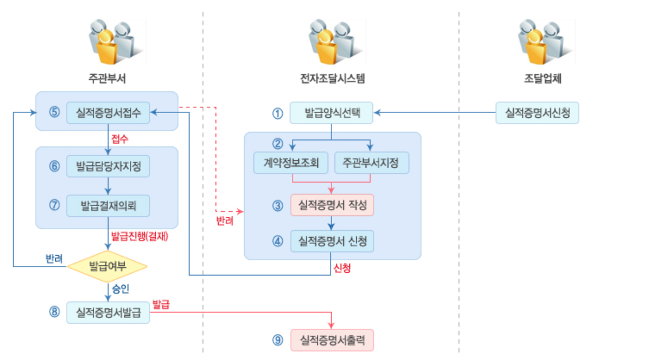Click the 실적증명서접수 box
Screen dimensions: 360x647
[x=108, y=112]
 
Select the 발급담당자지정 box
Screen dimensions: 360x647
[x=108, y=167]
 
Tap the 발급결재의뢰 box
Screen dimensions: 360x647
[x=108, y=205]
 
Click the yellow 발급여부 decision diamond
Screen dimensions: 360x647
[x=107, y=266]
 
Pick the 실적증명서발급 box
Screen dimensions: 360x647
[x=108, y=312]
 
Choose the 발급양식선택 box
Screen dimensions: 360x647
[x=332, y=113]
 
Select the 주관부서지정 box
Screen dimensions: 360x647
[x=371, y=162]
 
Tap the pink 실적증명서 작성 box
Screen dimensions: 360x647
[x=332, y=205]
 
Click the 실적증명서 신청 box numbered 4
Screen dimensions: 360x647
[x=332, y=241]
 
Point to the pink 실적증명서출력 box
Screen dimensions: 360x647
[x=332, y=340]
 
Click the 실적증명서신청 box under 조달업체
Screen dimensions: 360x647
[x=537, y=113]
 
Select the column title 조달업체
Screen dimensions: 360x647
[x=542, y=79]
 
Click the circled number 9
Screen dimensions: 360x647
[x=278, y=340]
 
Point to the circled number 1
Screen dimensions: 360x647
[x=278, y=113]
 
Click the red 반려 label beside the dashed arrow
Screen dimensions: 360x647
[x=225, y=221]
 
